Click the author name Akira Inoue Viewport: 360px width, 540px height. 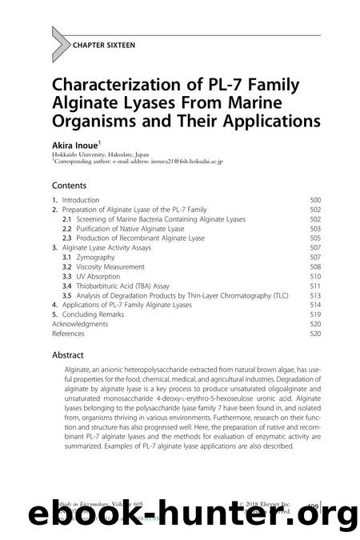pyautogui.click(x=73, y=146)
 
